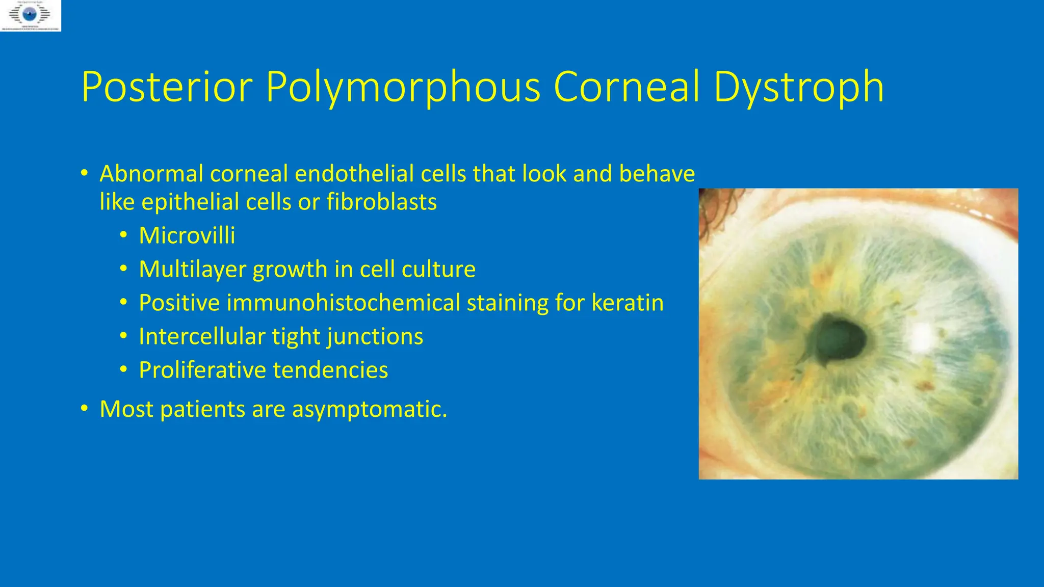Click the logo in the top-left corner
pos(31,16)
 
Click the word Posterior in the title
pos(167,87)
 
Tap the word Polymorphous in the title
pos(403,88)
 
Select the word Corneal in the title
pos(627,87)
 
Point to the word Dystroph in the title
pos(798,88)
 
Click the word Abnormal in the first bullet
pos(151,174)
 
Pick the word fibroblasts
pos(381,202)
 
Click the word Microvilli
pos(187,235)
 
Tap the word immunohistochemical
pos(343,303)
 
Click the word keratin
pos(628,303)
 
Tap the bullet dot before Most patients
pos(85,409)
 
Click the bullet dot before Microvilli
pos(124,235)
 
